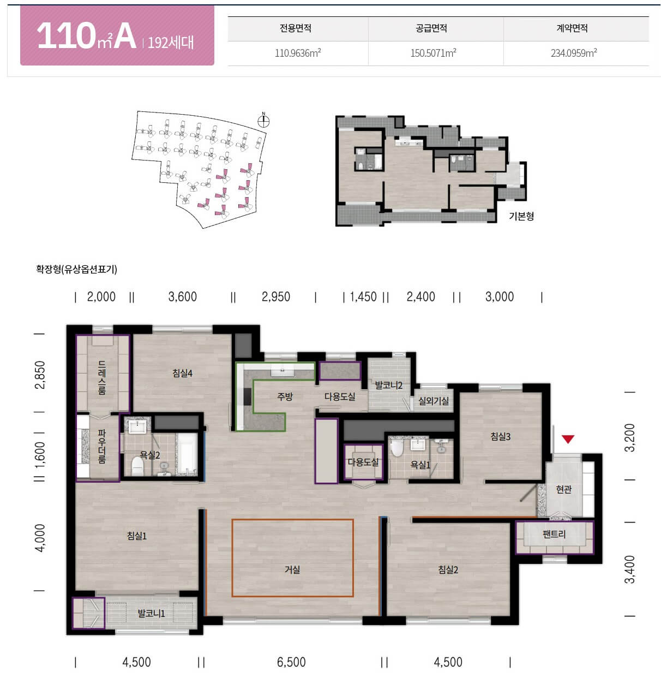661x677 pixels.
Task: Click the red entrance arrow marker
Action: coord(568,439)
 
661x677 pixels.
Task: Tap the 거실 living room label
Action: coord(292,569)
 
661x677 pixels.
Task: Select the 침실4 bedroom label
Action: coord(183,373)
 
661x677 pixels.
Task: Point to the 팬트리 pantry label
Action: coord(554,534)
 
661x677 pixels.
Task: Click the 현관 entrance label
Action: coord(564,490)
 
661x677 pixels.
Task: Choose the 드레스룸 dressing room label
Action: coord(101,378)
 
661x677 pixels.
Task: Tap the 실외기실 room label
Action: coord(434,401)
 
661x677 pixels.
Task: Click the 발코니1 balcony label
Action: coord(151,613)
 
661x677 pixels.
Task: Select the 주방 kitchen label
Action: coord(285,396)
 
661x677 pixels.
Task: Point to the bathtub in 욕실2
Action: coord(187,454)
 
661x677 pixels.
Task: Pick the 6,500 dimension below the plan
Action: coord(291,662)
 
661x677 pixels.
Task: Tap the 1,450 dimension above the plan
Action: coord(363,297)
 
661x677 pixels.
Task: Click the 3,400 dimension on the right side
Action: coord(629,569)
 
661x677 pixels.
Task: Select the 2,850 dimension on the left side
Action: coord(40,375)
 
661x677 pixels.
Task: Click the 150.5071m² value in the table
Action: coord(434,53)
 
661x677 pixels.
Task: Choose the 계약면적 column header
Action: coord(572,28)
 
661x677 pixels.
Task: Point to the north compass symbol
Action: coord(263,120)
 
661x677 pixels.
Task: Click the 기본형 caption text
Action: coord(521,216)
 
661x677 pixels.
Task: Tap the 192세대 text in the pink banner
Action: coord(171,43)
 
